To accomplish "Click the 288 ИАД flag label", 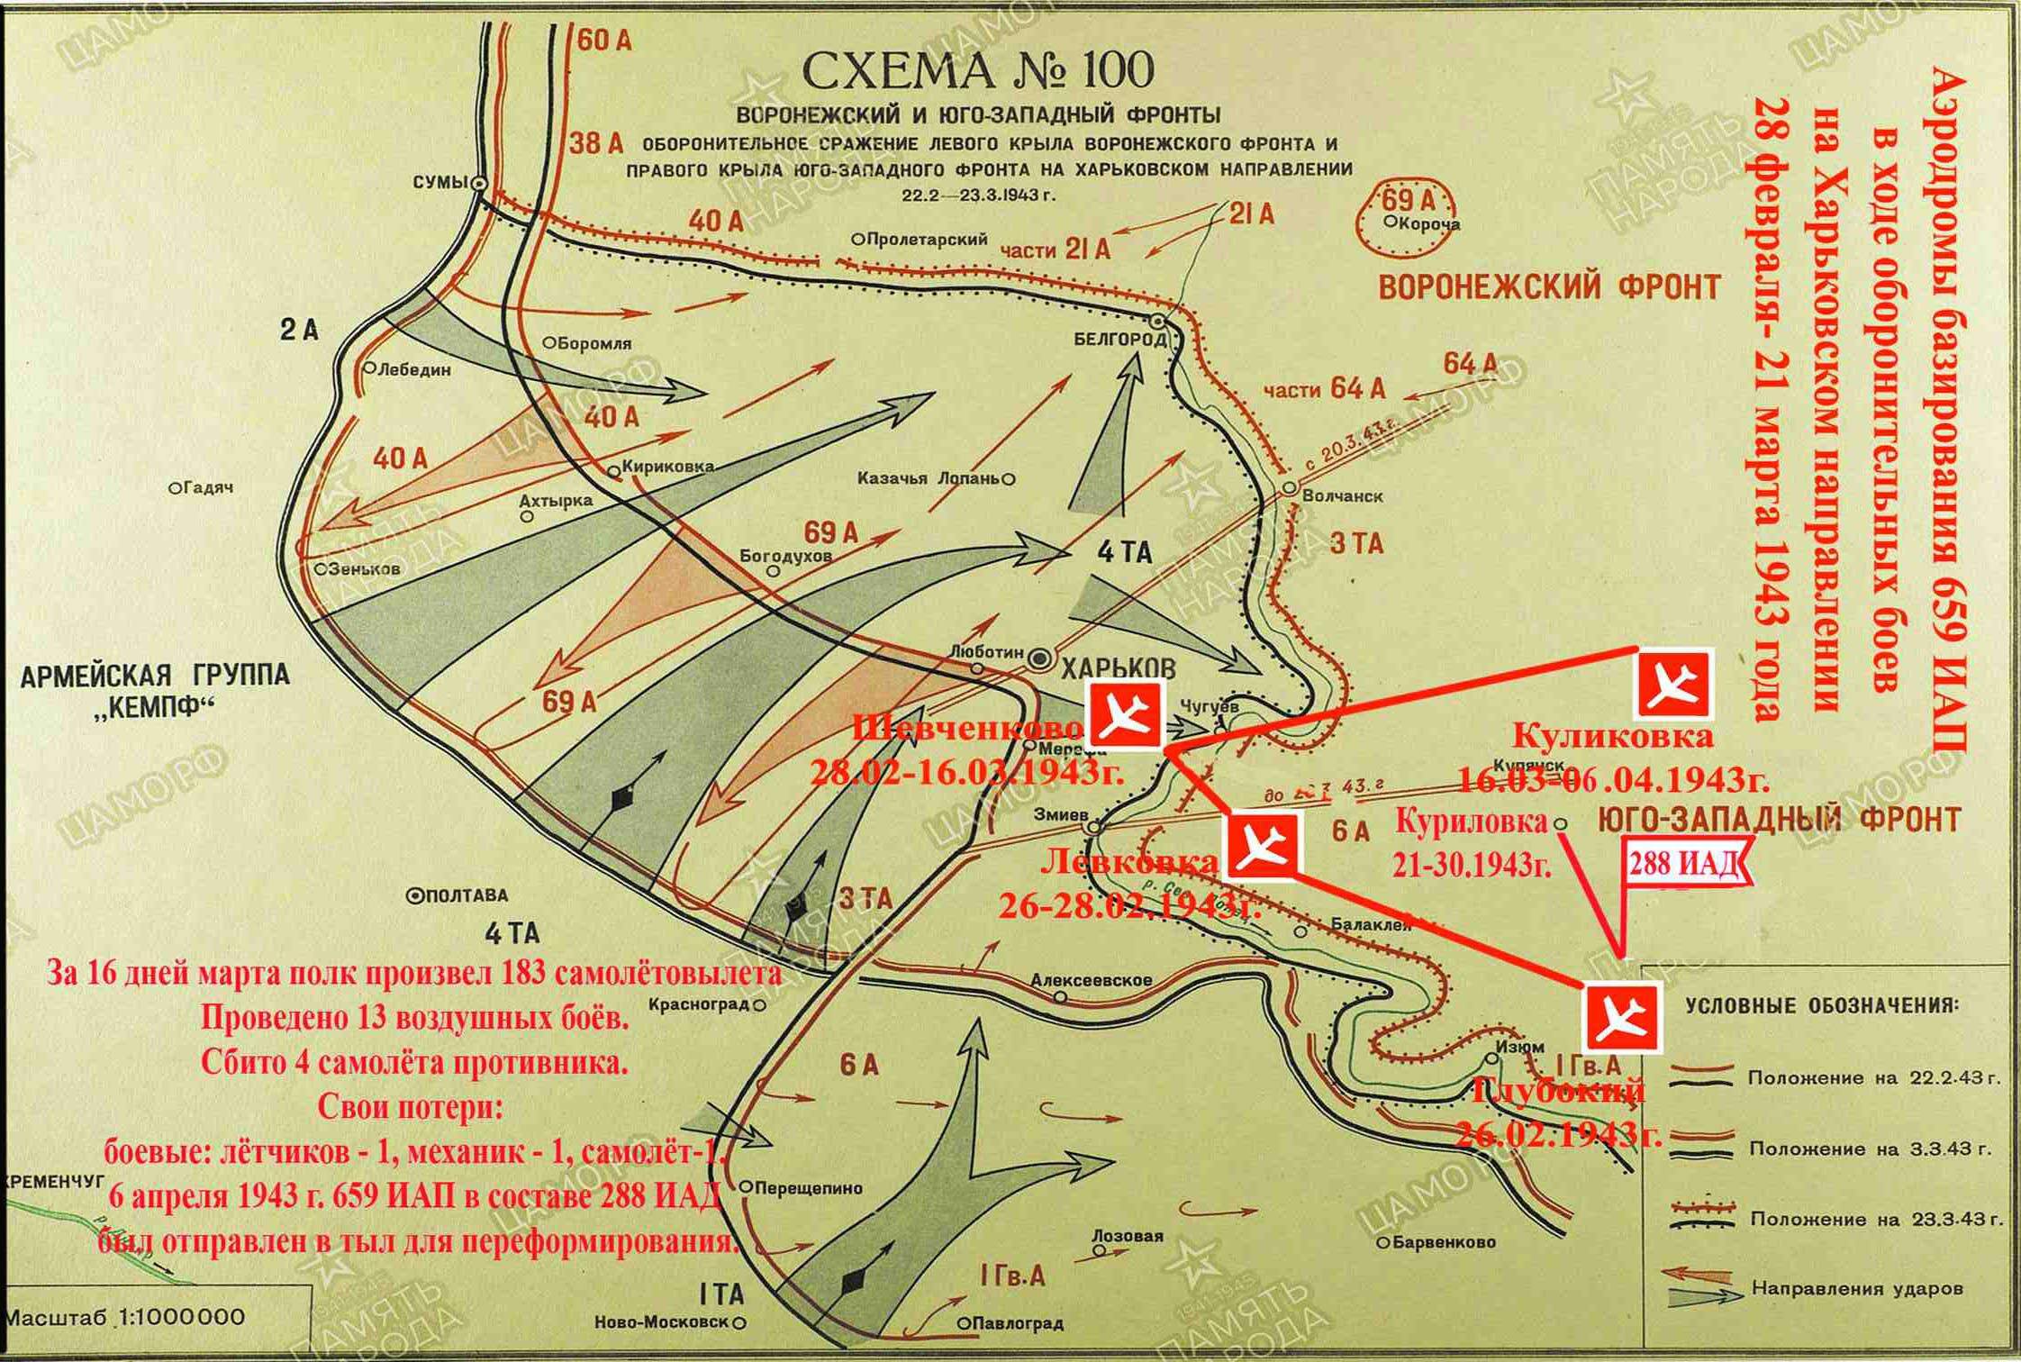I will tap(1684, 866).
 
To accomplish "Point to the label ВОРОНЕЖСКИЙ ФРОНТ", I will tap(1549, 288).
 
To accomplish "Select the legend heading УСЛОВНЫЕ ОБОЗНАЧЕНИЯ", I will tap(1820, 1006).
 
